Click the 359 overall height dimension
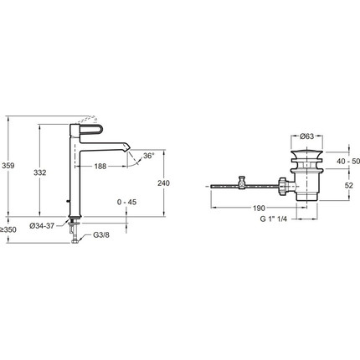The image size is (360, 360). point(8,166)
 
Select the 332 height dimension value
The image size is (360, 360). point(40,172)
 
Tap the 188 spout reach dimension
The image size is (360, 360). point(100,167)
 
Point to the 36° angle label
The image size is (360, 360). point(149,156)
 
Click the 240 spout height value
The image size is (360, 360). point(163,183)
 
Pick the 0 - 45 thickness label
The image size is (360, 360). point(126,202)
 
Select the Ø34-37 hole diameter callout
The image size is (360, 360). point(42,226)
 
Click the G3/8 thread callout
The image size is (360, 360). point(101,235)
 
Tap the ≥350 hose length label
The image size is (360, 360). point(8,230)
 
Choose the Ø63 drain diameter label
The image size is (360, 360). point(306,136)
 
